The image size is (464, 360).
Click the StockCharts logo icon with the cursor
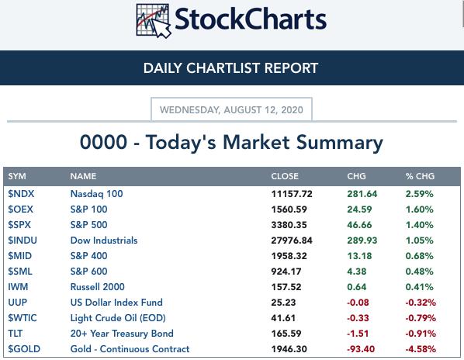pos(154,21)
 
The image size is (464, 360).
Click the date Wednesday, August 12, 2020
pos(231,110)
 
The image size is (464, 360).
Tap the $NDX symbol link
pos(21,194)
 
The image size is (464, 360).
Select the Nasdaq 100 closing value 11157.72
pos(292,194)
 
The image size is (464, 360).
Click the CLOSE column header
pos(285,176)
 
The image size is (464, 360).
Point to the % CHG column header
pos(420,176)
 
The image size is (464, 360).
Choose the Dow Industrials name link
pos(104,241)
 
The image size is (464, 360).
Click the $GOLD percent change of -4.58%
pos(421,349)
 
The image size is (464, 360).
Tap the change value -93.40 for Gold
pos(361,349)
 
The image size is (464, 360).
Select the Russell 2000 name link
pos(97,286)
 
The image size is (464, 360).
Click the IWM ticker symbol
pos(18,286)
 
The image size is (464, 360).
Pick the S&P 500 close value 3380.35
pos(289,225)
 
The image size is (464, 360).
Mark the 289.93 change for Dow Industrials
pos(362,241)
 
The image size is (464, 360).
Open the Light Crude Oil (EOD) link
pos(118,317)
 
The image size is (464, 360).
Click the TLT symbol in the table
pos(15,334)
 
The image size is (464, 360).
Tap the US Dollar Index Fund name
pos(116,303)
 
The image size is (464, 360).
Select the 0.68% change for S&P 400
pos(419,256)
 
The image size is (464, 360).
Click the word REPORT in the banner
pos(291,68)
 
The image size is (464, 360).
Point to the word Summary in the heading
pos(340,143)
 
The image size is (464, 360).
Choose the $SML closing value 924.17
pos(286,272)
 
